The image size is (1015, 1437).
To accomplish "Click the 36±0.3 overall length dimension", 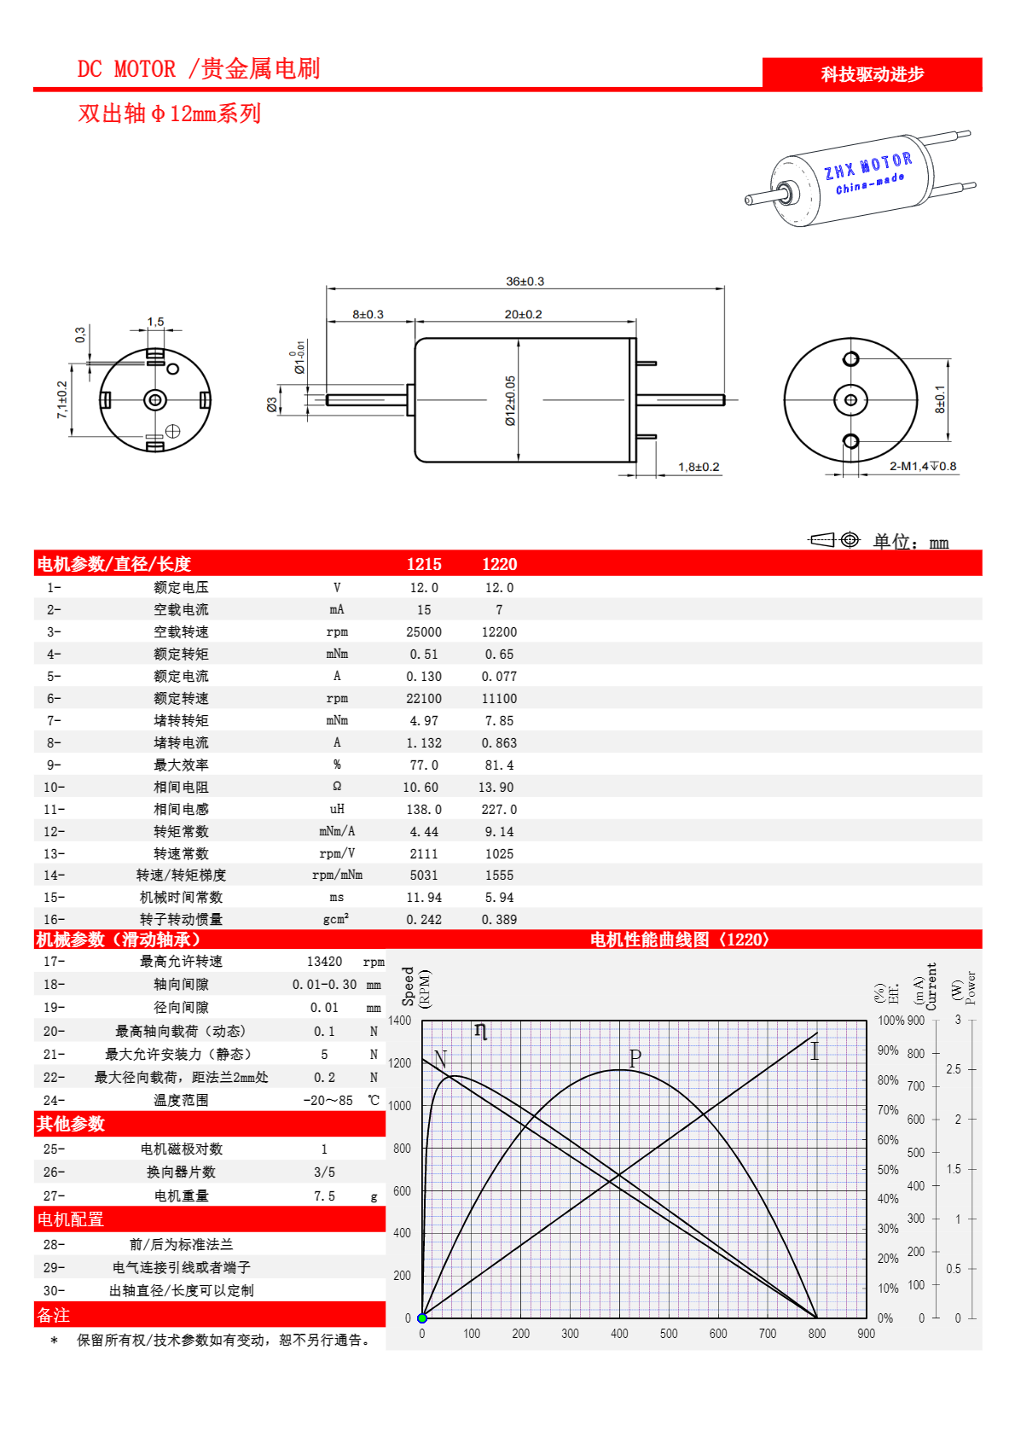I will (x=525, y=282).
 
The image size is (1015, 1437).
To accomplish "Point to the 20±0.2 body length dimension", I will (x=523, y=315).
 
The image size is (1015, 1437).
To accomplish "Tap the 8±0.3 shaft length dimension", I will (x=368, y=315).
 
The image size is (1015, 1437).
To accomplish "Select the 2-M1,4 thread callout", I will (x=922, y=467).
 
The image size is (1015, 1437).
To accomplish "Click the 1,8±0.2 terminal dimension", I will (x=699, y=468).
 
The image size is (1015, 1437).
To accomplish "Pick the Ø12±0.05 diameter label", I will (x=510, y=400).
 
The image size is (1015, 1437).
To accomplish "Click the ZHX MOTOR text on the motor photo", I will (x=867, y=166).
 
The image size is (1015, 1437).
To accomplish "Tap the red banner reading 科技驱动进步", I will (x=872, y=74).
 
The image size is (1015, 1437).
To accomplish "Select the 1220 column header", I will (x=499, y=564).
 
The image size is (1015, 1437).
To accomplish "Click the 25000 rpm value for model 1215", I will (x=424, y=632).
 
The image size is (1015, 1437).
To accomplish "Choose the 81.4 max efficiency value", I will (x=499, y=765).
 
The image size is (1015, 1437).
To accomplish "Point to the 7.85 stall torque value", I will (x=499, y=721).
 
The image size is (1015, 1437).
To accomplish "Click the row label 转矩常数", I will (x=181, y=832).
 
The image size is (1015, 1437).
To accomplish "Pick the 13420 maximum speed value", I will (x=324, y=962).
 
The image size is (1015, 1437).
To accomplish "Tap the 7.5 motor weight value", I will (x=324, y=1196).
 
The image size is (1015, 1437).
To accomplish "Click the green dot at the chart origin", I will (x=422, y=1318).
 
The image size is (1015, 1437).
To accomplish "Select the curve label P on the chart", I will (x=635, y=1058).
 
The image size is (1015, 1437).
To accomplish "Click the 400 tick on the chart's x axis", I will (x=619, y=1334).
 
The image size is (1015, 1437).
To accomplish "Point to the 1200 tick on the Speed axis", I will (x=399, y=1063).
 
